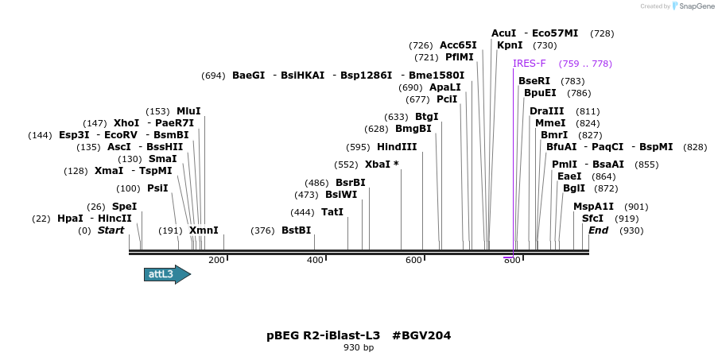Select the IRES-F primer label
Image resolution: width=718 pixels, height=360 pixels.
pyautogui.click(x=530, y=64)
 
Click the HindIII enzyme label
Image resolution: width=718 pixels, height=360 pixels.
pyautogui.click(x=397, y=147)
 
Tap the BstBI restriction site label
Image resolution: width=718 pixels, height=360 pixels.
pyautogui.click(x=297, y=230)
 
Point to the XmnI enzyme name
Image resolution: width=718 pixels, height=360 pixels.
pyautogui.click(x=204, y=230)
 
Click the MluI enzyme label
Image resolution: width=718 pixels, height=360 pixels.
pyautogui.click(x=188, y=111)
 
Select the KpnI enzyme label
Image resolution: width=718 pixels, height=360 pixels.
pyautogui.click(x=510, y=45)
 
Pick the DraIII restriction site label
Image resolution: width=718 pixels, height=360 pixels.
pyautogui.click(x=547, y=111)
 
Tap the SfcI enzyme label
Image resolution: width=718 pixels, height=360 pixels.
pyautogui.click(x=592, y=219)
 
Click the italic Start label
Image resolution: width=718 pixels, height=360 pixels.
pyautogui.click(x=111, y=230)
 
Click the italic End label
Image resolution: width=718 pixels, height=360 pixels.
pyautogui.click(x=599, y=230)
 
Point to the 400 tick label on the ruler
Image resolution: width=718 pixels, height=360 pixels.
pyautogui.click(x=316, y=260)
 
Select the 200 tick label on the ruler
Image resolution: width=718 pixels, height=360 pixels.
pyautogui.click(x=216, y=260)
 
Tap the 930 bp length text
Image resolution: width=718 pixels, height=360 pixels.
pyautogui.click(x=359, y=348)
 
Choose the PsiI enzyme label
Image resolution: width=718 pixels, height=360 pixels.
pyautogui.click(x=157, y=188)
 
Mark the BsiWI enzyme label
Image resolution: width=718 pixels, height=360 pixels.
pyautogui.click(x=341, y=195)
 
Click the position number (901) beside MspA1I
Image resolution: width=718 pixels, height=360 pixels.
pyautogui.click(x=636, y=207)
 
